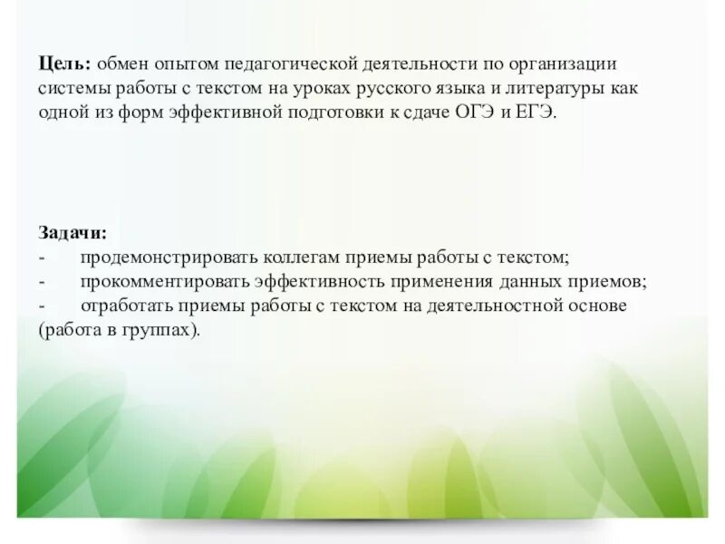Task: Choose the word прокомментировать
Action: point(164,281)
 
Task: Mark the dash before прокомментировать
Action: point(42,281)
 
